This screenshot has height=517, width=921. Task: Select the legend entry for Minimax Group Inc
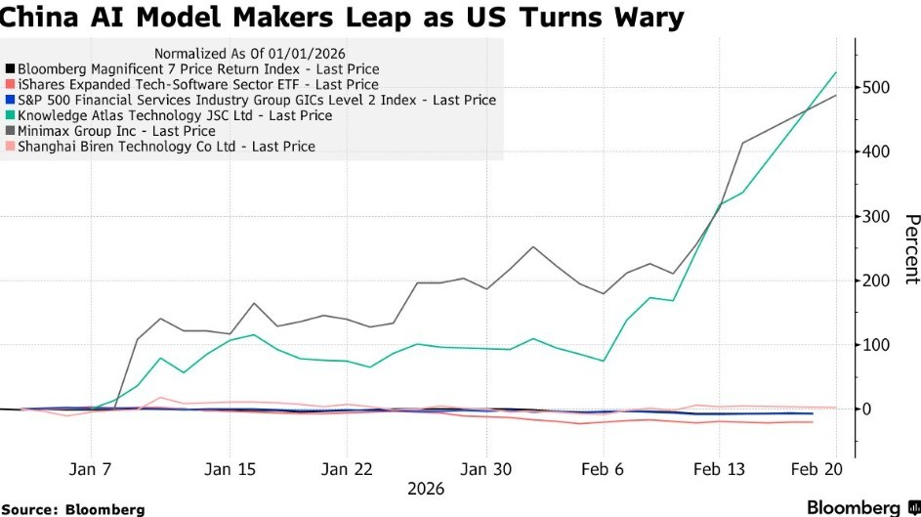point(116,131)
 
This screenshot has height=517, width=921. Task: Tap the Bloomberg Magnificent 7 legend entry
point(198,69)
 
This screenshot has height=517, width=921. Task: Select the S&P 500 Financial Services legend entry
point(257,100)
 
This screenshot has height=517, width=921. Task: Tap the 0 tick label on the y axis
point(867,409)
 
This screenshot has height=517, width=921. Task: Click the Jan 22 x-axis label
point(349,468)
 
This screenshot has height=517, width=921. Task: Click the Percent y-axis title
point(909,249)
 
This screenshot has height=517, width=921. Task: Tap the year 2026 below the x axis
point(425,487)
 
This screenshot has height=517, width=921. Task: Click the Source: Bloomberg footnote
point(73,509)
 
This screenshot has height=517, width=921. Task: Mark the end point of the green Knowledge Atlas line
point(836,72)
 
